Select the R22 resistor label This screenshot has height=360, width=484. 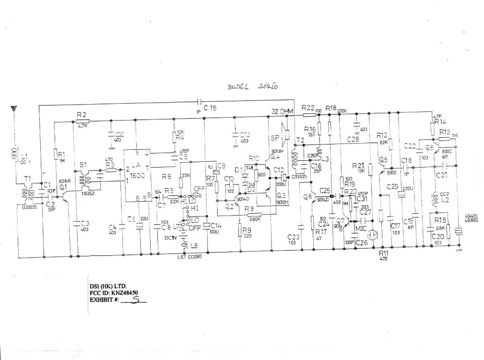click(308, 109)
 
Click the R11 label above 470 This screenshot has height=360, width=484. click(383, 252)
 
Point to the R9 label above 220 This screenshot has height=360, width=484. click(247, 228)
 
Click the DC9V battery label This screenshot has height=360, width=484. click(172, 237)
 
